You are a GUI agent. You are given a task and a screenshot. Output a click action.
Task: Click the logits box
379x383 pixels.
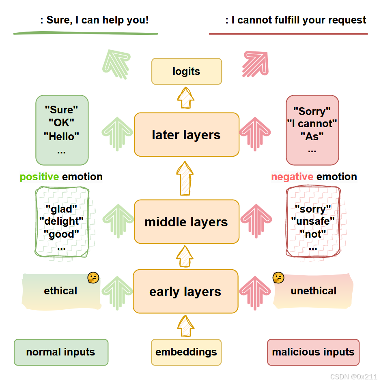pyautogui.click(x=187, y=72)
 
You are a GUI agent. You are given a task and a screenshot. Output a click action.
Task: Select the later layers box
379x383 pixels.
pyautogui.click(x=187, y=135)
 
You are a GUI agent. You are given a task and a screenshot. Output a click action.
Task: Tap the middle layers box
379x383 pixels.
pyautogui.click(x=187, y=222)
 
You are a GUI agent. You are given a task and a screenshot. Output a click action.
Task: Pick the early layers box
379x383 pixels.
pyautogui.click(x=185, y=292)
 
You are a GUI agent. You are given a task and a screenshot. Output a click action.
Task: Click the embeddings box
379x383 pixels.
pyautogui.click(x=186, y=352)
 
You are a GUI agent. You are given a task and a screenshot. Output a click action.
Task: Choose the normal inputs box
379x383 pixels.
pyautogui.click(x=61, y=352)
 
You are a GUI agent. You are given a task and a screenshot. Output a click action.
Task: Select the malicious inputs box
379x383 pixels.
pyautogui.click(x=313, y=352)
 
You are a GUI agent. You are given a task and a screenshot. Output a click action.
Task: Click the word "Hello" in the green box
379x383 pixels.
pyautogui.click(x=61, y=136)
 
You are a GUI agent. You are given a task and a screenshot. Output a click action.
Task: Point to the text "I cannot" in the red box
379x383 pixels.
pyautogui.click(x=312, y=123)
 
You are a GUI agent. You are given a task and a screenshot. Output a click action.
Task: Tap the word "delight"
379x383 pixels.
pyautogui.click(x=61, y=221)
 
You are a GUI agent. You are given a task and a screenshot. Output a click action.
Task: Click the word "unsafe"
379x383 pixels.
pyautogui.click(x=313, y=221)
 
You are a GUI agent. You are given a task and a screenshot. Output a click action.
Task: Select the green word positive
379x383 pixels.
pyautogui.click(x=39, y=177)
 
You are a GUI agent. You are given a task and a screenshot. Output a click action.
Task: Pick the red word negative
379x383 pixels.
pyautogui.click(x=292, y=177)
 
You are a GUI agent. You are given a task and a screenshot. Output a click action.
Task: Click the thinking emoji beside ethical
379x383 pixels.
pyautogui.click(x=93, y=278)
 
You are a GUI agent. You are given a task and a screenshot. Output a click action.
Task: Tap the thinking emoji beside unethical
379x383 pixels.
pyautogui.click(x=278, y=278)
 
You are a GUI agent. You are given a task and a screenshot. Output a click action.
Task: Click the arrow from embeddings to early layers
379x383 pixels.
pyautogui.click(x=186, y=326)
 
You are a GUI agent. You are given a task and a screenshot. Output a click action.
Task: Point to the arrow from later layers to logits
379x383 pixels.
pyautogui.click(x=186, y=98)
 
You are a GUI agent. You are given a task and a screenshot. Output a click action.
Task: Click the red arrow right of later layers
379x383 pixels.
pyautogui.click(x=255, y=134)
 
